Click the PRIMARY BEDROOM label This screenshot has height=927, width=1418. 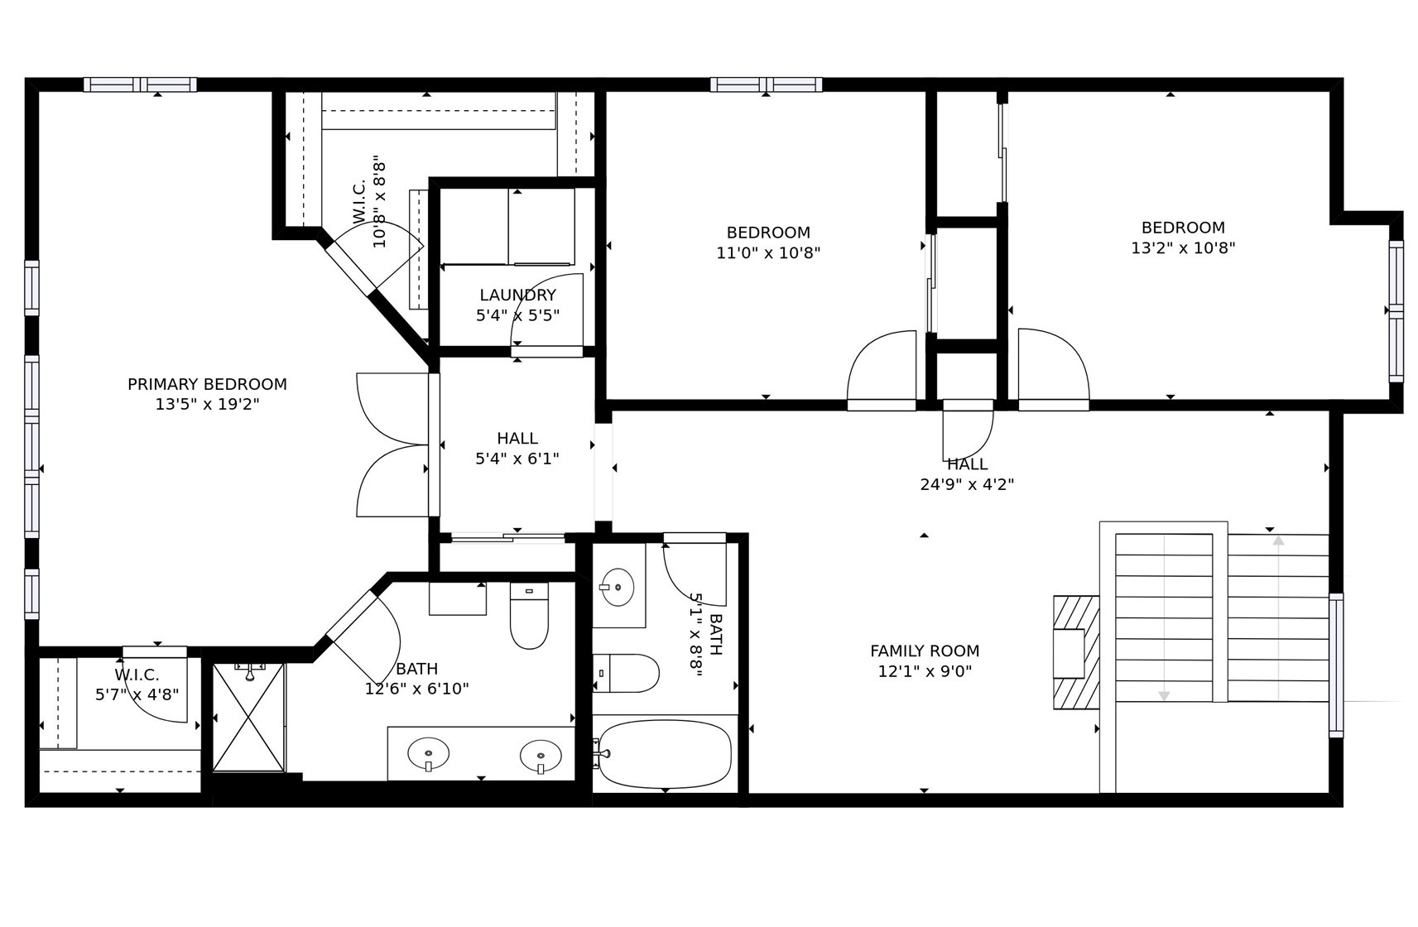tap(207, 384)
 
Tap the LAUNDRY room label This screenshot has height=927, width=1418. tap(518, 295)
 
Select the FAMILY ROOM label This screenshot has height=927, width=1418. tap(925, 651)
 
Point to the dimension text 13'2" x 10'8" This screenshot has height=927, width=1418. tap(1183, 247)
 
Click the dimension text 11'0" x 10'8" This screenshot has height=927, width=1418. tap(768, 252)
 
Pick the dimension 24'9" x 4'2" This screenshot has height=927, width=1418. tap(967, 484)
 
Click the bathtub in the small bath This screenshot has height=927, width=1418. tap(665, 754)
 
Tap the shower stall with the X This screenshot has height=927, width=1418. tap(248, 718)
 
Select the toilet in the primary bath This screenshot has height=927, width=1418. tap(529, 616)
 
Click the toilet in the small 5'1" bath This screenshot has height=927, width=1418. tap(626, 673)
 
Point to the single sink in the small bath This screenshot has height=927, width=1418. tap(617, 587)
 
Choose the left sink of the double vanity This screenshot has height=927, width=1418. tap(429, 754)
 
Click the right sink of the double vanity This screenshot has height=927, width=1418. tap(541, 756)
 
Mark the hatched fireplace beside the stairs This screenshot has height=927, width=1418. tap(1076, 652)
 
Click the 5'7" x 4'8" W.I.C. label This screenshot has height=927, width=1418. tap(137, 684)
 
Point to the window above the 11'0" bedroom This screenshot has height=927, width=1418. tap(766, 84)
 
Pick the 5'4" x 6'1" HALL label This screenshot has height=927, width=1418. tap(517, 448)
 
